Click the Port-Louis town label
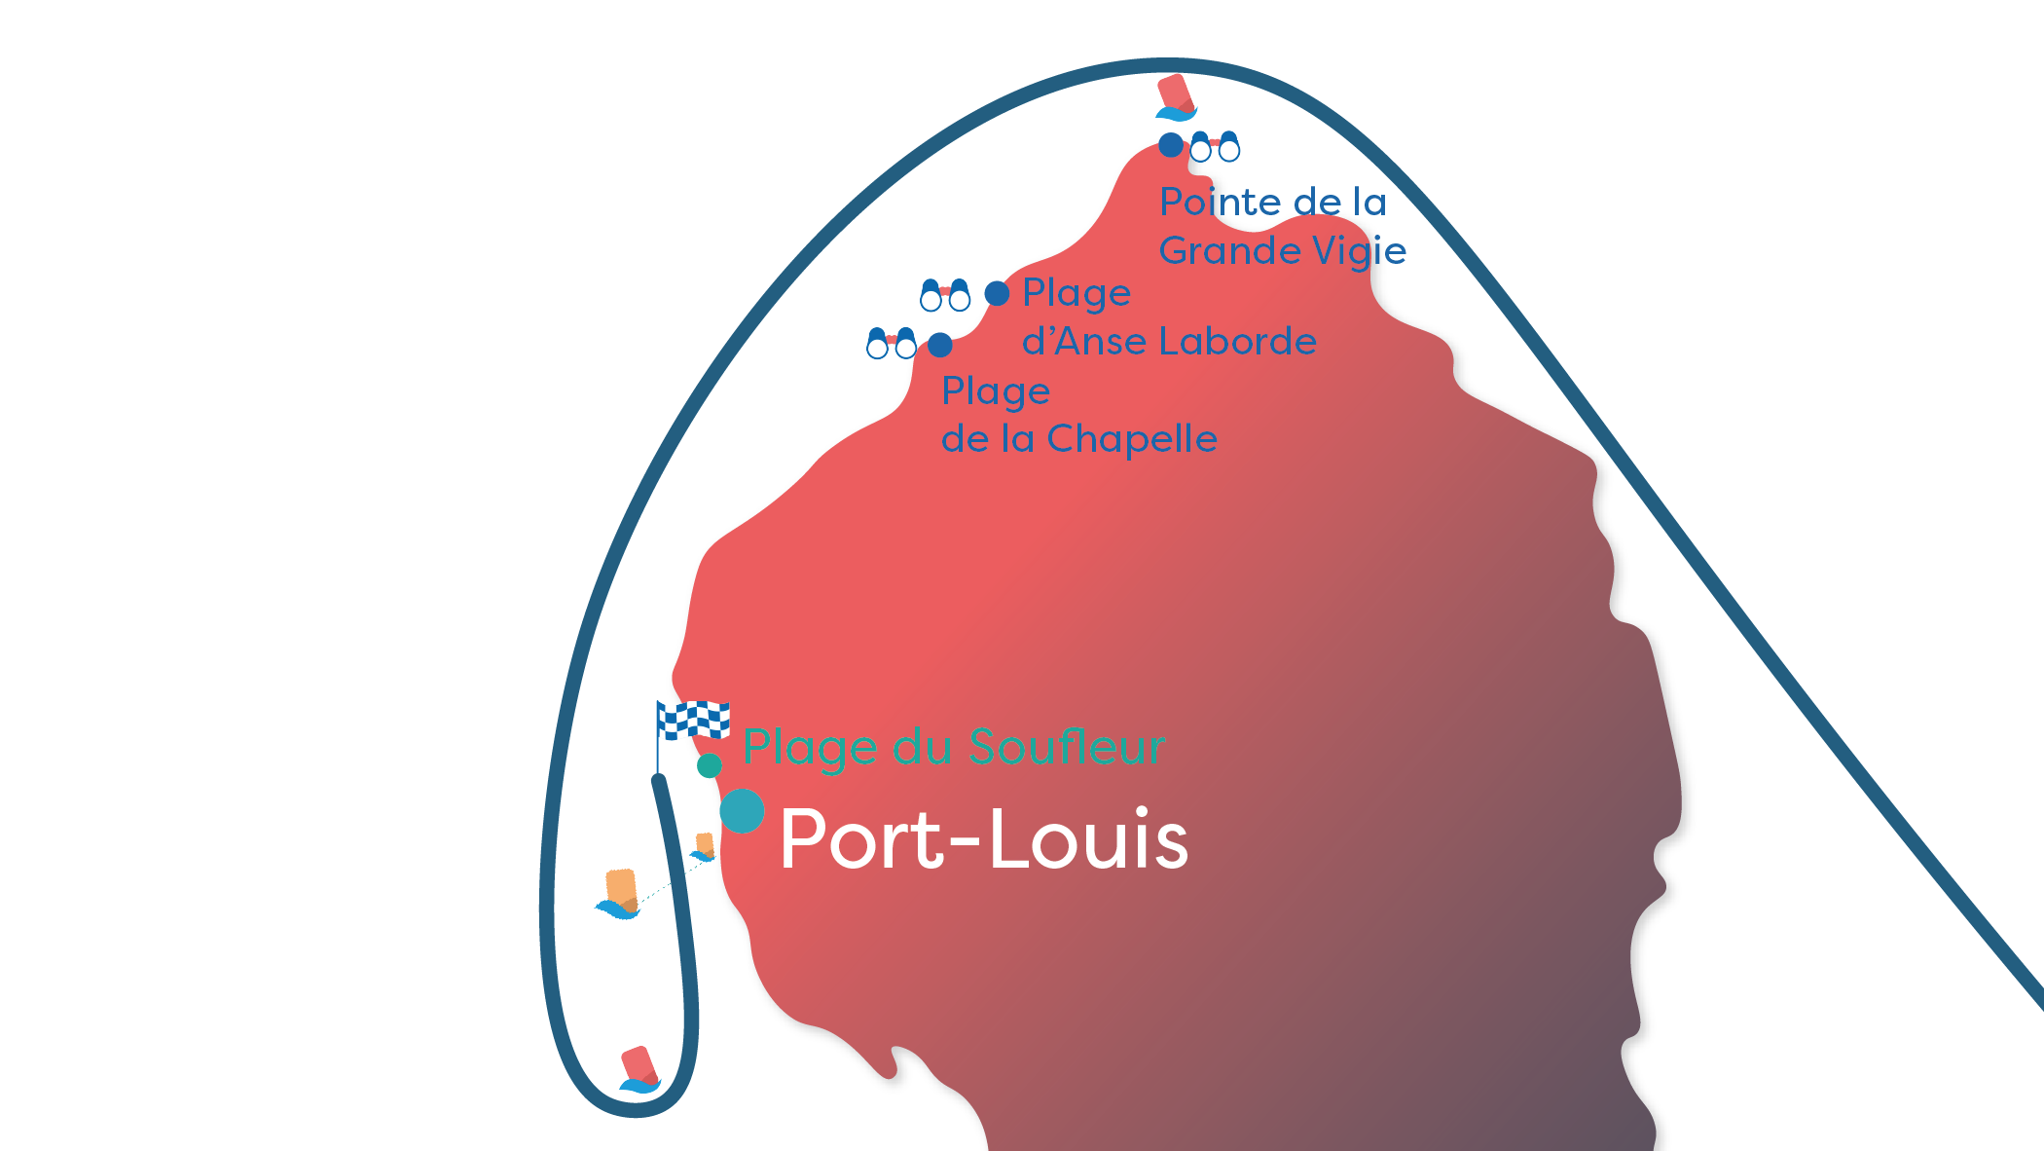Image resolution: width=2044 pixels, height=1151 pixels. (983, 839)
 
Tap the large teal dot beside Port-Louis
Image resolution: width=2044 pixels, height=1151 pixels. (742, 811)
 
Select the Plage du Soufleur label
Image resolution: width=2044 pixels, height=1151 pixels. (954, 748)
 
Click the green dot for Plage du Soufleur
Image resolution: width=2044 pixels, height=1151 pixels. (710, 766)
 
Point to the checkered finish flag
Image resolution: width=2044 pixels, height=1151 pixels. (693, 721)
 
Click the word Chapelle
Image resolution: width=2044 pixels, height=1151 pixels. (1132, 439)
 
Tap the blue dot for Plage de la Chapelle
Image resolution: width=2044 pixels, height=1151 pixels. (939, 345)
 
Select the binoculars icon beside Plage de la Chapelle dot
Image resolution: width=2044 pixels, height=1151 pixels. (892, 343)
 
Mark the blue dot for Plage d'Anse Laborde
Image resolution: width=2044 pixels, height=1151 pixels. (997, 293)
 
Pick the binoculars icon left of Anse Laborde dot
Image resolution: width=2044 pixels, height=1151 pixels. (945, 295)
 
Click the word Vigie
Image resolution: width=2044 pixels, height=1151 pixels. (1359, 251)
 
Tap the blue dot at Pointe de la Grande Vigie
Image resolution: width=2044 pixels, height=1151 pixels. (1171, 145)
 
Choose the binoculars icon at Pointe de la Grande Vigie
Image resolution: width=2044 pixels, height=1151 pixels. (1215, 146)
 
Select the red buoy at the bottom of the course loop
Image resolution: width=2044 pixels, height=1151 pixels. (639, 1069)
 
